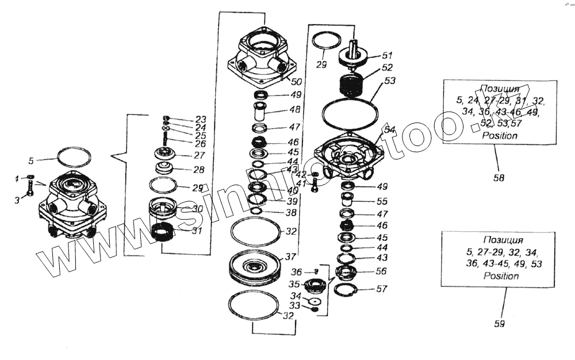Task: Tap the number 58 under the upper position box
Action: (x=499, y=178)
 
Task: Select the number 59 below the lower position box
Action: (x=499, y=324)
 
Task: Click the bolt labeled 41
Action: (x=315, y=186)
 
